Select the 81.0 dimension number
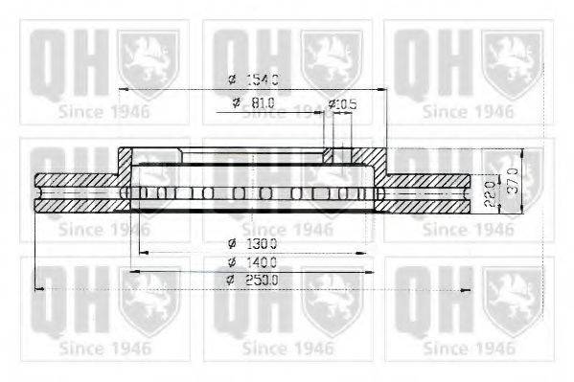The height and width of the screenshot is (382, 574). tap(264, 102)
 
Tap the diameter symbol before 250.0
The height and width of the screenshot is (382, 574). tap(231, 280)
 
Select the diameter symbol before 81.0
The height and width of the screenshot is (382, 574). tap(235, 102)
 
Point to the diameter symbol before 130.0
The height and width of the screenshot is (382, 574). tap(231, 243)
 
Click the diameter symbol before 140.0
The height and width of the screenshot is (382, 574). tap(231, 261)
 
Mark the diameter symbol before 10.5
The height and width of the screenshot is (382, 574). tap(332, 102)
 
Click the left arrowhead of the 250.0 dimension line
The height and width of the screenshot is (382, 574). tap(37, 288)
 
